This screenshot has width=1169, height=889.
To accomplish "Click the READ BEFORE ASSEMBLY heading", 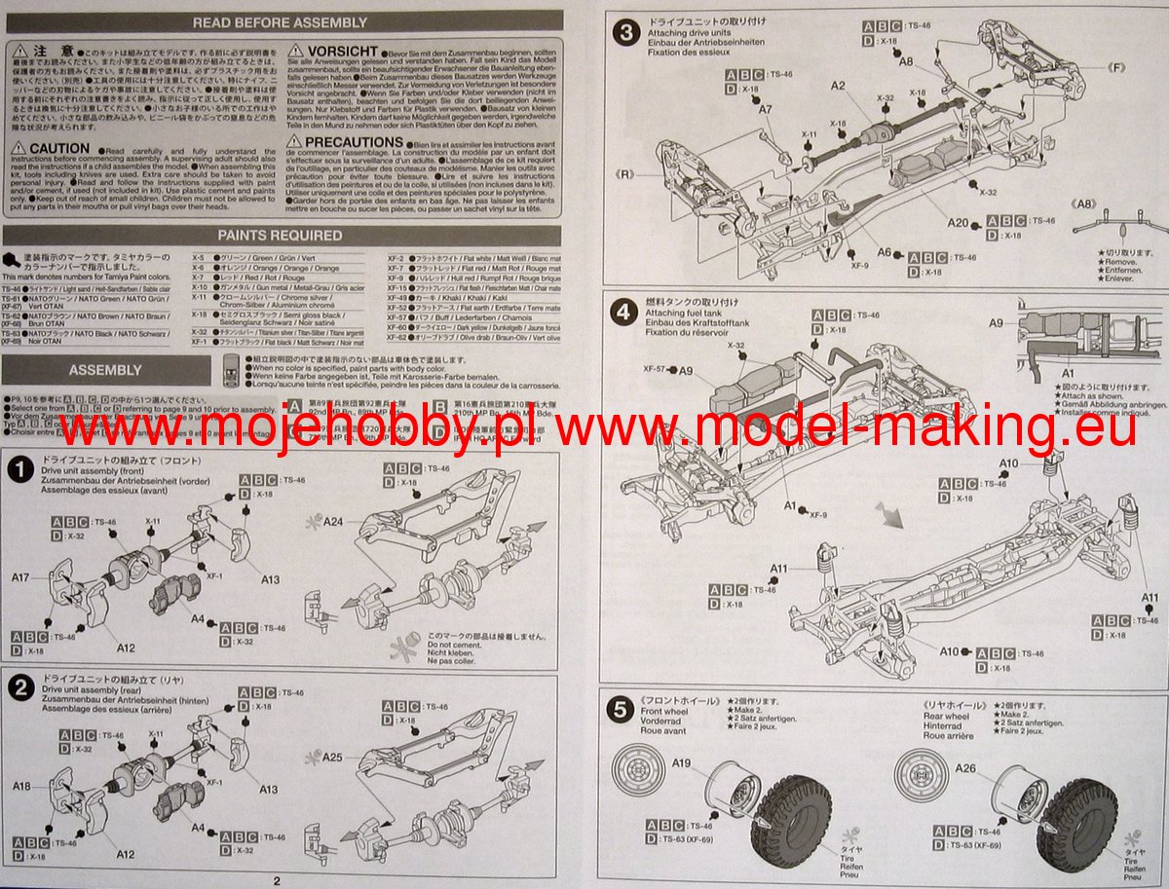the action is (280, 22).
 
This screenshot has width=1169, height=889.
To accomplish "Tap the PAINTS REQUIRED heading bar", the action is (280, 236).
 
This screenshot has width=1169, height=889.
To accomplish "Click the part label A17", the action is (22, 578).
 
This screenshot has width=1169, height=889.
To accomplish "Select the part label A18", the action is (22, 785).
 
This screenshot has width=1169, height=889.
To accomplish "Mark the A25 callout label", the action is (332, 757).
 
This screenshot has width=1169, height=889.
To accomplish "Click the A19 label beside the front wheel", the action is (682, 762).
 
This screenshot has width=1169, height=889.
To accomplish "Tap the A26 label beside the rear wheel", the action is (965, 769).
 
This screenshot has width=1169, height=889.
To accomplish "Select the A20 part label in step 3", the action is (958, 223).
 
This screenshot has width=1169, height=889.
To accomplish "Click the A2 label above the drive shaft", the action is (839, 86).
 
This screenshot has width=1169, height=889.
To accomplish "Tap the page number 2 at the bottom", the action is (277, 880).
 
